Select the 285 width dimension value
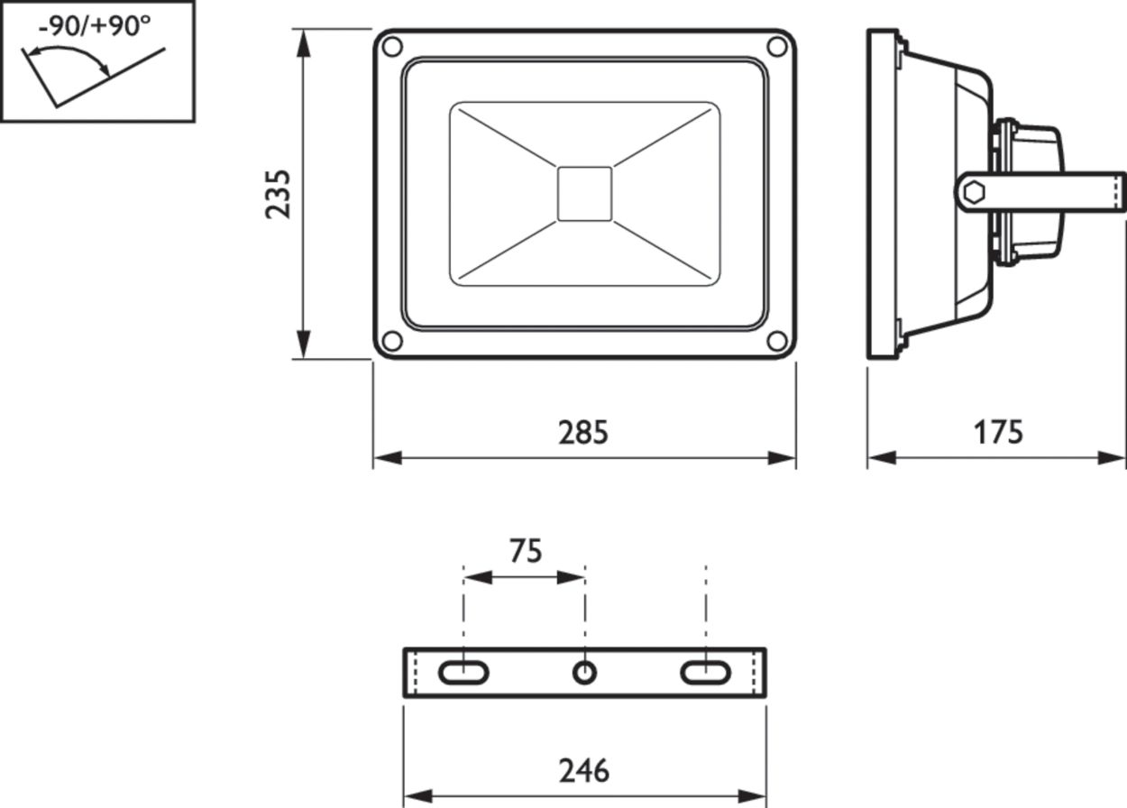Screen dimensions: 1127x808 [x=583, y=433]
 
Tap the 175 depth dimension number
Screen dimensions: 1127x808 [x=998, y=433]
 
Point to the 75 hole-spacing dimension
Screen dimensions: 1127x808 [x=526, y=551]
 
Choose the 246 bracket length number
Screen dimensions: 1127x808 [x=584, y=771]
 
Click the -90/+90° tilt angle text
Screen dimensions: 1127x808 [x=95, y=27]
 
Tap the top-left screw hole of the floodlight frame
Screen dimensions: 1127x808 [x=392, y=47]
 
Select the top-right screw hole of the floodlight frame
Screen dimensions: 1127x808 [x=777, y=47]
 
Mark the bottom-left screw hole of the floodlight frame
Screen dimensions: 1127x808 [x=392, y=341]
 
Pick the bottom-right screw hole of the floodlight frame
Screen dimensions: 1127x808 [x=777, y=341]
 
